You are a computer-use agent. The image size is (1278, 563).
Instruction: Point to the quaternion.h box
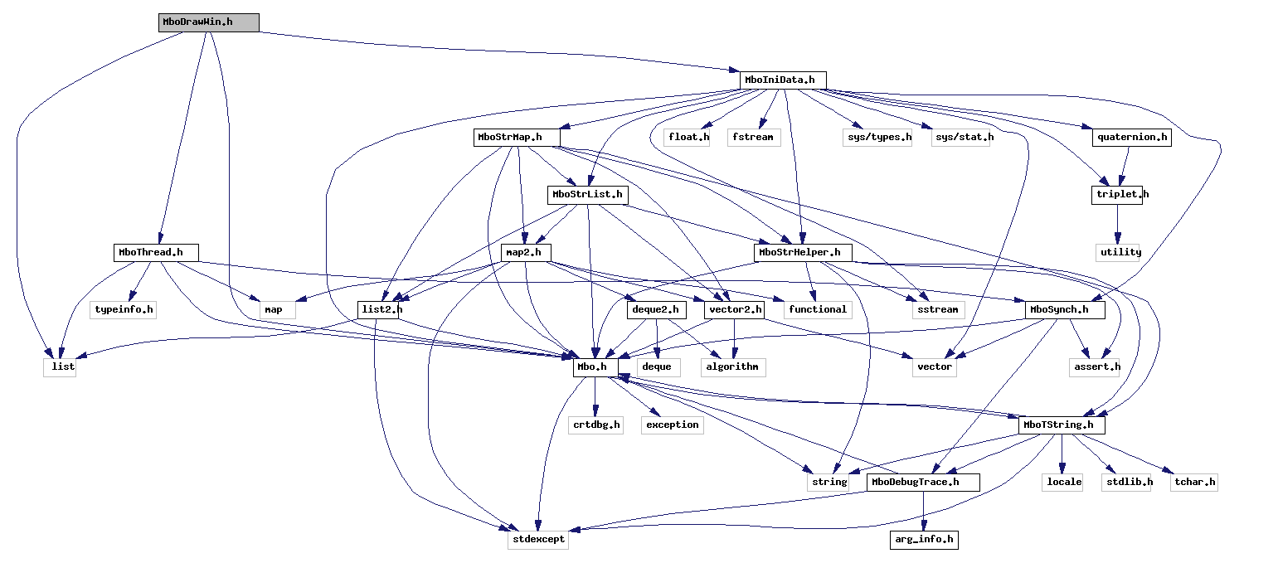point(1131,138)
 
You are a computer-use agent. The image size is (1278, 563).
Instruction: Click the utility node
point(1120,252)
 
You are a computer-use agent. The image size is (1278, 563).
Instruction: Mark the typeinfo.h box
point(124,310)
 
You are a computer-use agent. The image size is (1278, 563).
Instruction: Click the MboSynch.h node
point(1065,310)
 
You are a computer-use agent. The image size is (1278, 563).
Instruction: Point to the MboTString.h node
point(1062,425)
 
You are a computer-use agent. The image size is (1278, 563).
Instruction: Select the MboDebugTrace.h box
point(923,482)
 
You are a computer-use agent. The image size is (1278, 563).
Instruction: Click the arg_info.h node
point(924,540)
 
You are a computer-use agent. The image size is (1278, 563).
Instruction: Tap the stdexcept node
point(538,540)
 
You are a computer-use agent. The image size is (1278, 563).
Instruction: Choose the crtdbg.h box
point(595,425)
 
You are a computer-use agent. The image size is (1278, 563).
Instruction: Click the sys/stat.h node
point(962,138)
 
